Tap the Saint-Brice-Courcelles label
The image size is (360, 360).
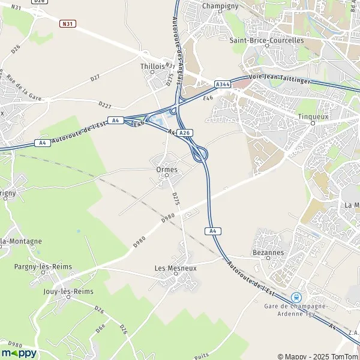267,41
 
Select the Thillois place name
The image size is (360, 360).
152,67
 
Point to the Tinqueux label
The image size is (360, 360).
313,116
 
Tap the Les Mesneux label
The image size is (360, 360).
175,268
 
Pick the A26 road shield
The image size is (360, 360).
185,133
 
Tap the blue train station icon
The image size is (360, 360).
295,297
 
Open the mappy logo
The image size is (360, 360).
19,353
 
